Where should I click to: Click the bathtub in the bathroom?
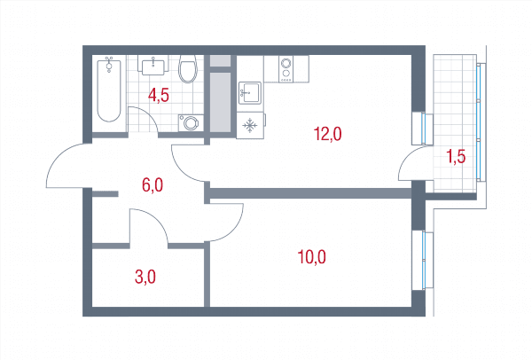tap(109, 91)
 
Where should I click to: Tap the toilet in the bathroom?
tap(188, 69)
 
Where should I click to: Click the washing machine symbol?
tap(191, 123)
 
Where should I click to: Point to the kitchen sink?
tap(250, 92)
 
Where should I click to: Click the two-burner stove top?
tap(286, 69)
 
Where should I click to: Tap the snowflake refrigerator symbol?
tap(250, 126)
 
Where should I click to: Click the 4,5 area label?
tap(159, 96)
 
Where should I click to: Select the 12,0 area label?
tap(327, 133)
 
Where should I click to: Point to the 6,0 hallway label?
tap(153, 185)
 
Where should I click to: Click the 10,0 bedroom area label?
tap(311, 257)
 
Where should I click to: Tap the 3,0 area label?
tap(145, 278)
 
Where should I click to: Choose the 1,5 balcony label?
tap(456, 156)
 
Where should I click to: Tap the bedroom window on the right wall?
tap(423, 260)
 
